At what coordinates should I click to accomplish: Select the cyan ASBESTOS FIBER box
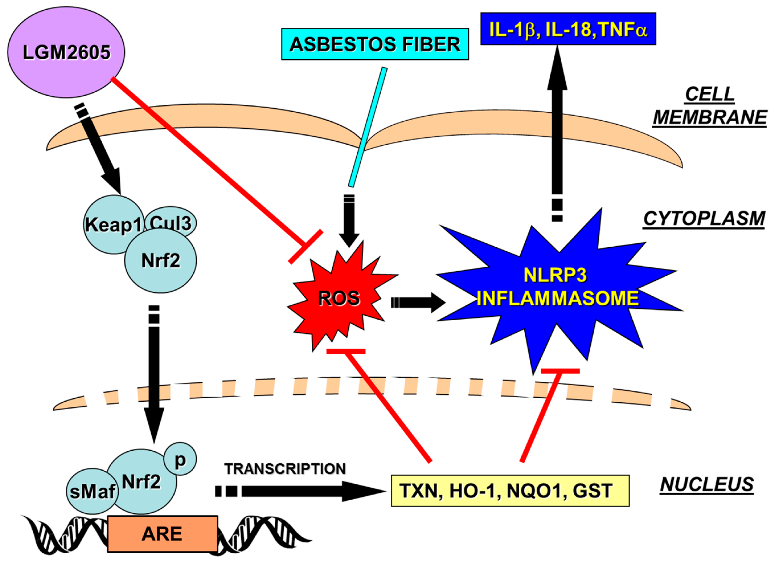pos(375,44)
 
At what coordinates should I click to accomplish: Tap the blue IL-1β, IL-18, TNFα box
pos(568,29)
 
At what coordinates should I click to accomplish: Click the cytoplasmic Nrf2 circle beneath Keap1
pos(160,261)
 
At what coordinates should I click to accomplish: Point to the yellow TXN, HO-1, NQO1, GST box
pos(510,491)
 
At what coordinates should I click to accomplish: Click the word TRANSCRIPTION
pos(285,469)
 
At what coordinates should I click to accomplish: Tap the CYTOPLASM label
pos(704,218)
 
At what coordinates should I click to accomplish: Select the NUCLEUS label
pos(707,485)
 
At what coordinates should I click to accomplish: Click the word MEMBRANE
pos(710,117)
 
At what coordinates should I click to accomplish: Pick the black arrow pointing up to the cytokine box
pos(557,133)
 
